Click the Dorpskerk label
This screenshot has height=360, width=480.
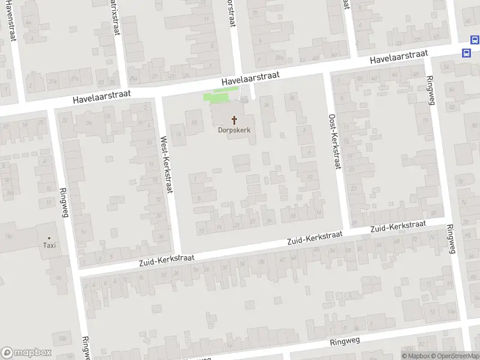click(234, 130)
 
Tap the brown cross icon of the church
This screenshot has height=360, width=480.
click(234, 120)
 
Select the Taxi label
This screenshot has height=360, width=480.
click(49, 245)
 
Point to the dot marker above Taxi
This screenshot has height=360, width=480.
click(49, 238)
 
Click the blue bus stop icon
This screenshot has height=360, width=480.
click(467, 52)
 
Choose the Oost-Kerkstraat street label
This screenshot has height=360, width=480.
click(334, 142)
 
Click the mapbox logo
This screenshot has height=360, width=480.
click(26, 353)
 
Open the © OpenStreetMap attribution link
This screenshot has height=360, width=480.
click(454, 356)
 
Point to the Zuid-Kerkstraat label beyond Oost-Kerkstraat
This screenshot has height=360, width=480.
click(398, 227)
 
